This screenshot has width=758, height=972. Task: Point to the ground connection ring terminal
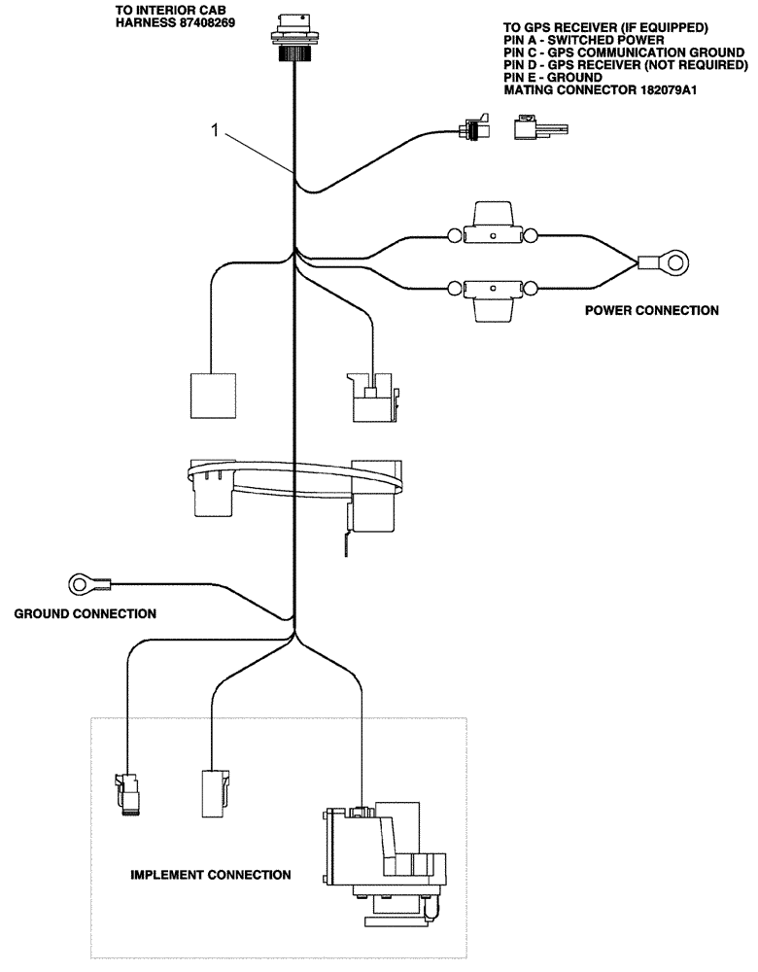coord(86,583)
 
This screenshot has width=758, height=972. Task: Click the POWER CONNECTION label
coord(651,311)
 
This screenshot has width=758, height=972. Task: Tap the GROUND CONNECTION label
coord(85,614)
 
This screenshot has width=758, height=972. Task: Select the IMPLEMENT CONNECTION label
coord(210,875)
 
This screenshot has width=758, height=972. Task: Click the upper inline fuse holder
coord(493,229)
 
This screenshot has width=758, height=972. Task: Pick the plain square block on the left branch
coord(213,397)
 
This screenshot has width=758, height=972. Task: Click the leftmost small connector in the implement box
coord(128,792)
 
